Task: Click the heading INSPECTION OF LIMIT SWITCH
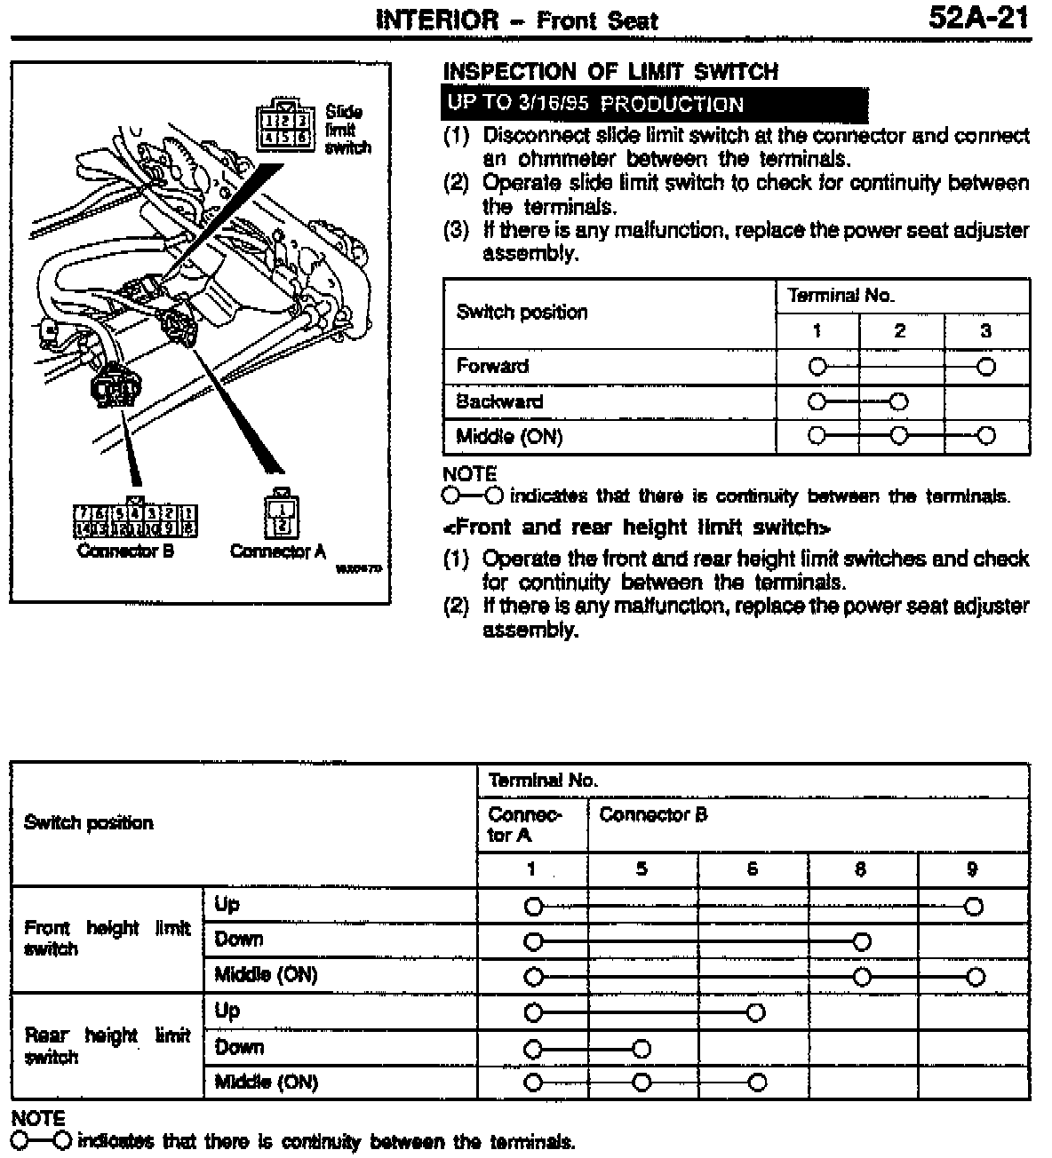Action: [610, 72]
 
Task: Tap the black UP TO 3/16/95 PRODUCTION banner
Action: [654, 104]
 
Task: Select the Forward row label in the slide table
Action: [492, 366]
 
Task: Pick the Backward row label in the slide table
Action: [499, 401]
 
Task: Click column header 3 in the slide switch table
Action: [985, 331]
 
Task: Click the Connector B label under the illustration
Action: [125, 551]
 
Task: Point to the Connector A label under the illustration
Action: [277, 551]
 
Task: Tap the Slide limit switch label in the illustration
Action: [347, 130]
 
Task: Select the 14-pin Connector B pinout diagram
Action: [135, 520]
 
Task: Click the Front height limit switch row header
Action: [107, 939]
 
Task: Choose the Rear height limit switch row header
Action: [107, 1046]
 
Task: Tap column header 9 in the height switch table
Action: [972, 869]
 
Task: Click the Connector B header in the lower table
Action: [653, 815]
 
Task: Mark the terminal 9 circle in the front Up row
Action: [974, 907]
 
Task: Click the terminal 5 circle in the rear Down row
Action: [642, 1049]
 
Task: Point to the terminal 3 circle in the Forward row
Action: [985, 367]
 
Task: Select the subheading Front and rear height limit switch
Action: [636, 527]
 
